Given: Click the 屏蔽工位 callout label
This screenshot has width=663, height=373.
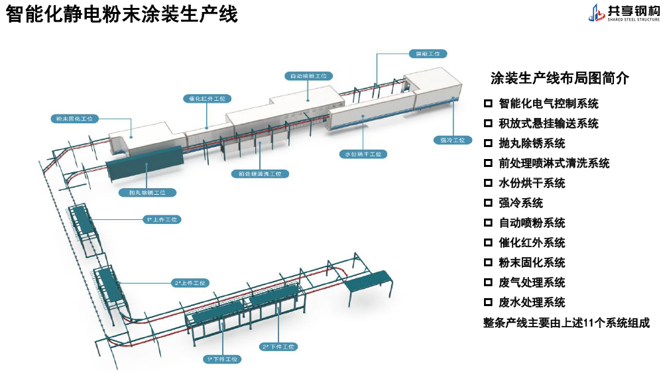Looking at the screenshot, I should pos(428,53).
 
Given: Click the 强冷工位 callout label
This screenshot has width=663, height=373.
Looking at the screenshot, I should pos(453,140).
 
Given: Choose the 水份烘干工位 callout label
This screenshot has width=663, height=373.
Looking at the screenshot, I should pos(363,154).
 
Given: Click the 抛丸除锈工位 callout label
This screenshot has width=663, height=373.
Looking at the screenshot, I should pos(148,193).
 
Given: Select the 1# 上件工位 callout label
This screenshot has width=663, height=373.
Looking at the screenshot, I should pos(162,219).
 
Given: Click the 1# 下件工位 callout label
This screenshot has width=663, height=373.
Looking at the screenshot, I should pos(222,359).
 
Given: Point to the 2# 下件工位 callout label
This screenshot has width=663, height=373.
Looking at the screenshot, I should pos(278,346).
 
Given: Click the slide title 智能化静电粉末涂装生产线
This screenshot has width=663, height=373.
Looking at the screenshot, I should pos(122,15).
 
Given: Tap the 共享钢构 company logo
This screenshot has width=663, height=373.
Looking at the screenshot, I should pos(623,13).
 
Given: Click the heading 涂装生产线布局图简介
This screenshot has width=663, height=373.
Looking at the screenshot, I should pos(560,78).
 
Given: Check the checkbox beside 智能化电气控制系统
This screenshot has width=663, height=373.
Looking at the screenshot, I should pos(488,103).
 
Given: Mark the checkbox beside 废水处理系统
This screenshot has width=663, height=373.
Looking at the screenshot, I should pos(488,302).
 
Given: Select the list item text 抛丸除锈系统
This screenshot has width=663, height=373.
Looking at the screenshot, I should pos(532,143).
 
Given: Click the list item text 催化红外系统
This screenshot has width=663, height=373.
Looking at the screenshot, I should pos(532,242).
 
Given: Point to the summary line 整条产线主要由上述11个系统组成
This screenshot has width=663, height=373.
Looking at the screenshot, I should pos(566,323).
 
